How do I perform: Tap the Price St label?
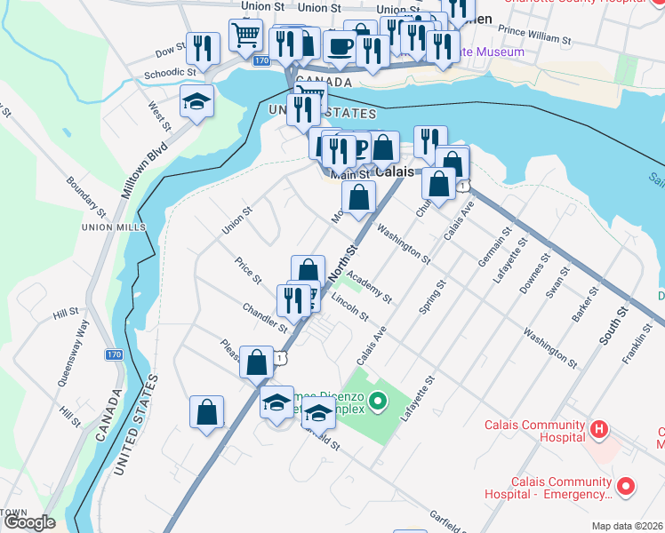(x=248, y=271)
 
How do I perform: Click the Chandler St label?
(x=264, y=317)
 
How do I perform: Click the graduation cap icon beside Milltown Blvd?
(x=196, y=100)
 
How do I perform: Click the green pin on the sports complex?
(x=379, y=403)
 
